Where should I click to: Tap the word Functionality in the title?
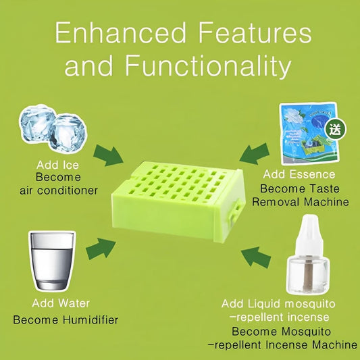pyautogui.click(x=208, y=66)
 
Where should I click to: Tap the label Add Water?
pyautogui.click(x=61, y=304)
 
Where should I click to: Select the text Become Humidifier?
pyautogui.click(x=66, y=319)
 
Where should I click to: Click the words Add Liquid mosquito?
pyautogui.click(x=278, y=303)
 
